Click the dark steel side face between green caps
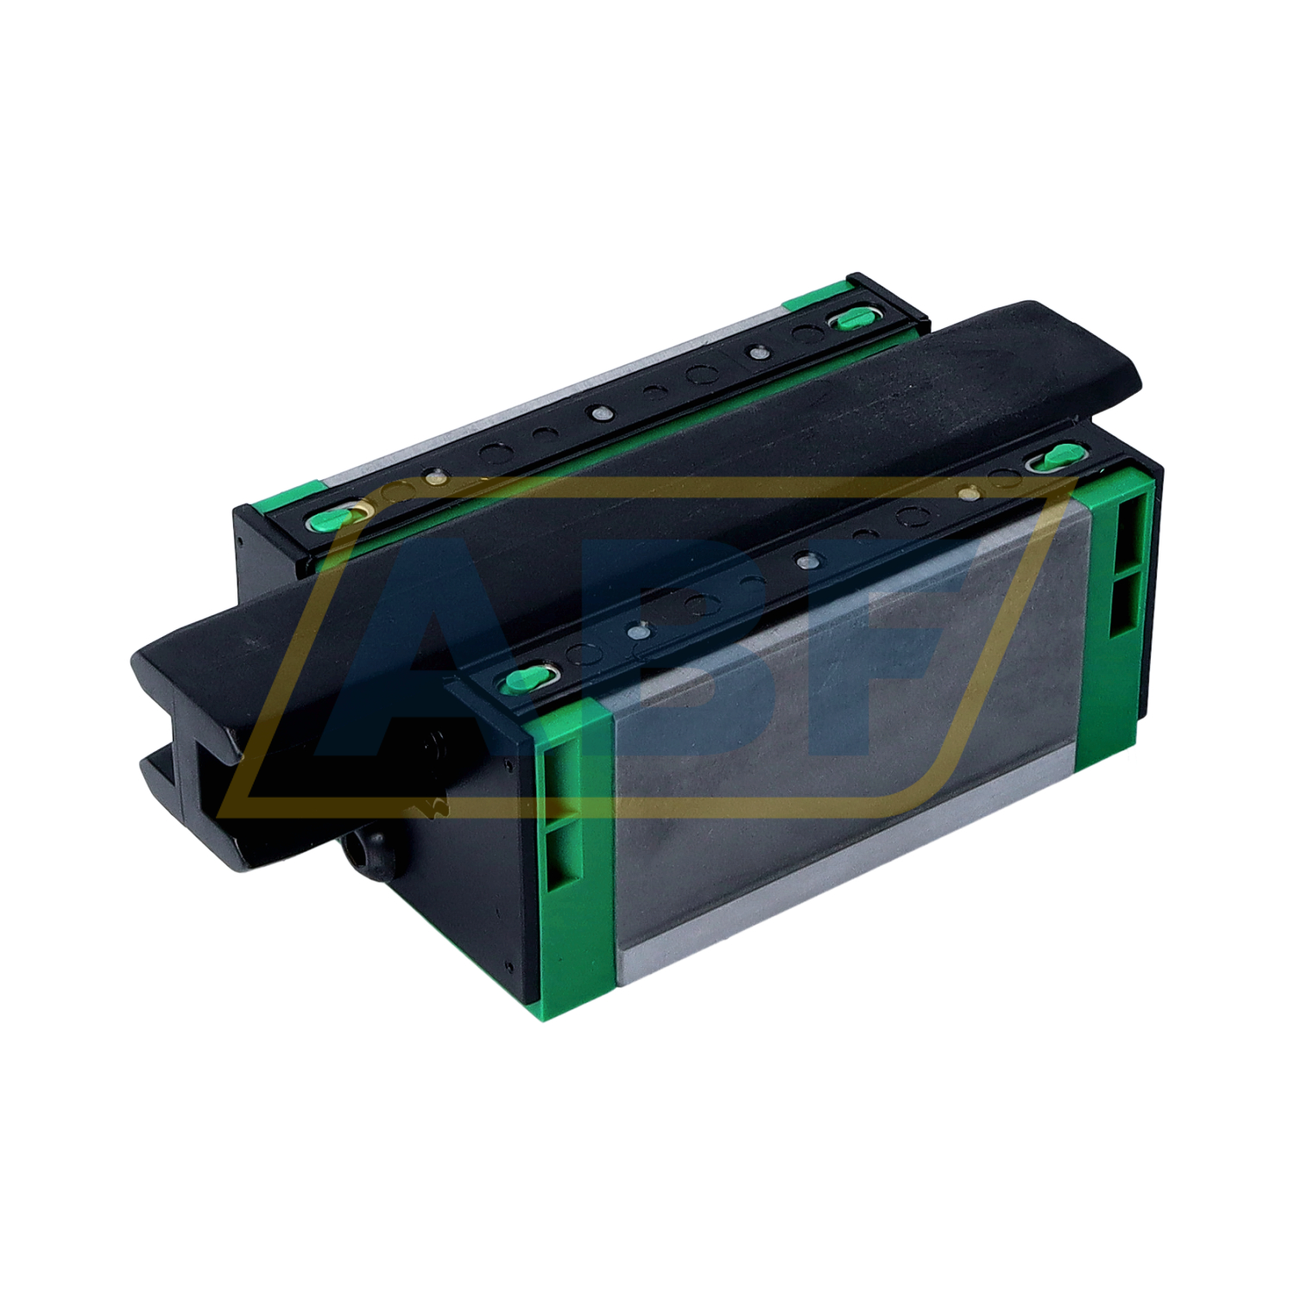coord(846,734)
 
